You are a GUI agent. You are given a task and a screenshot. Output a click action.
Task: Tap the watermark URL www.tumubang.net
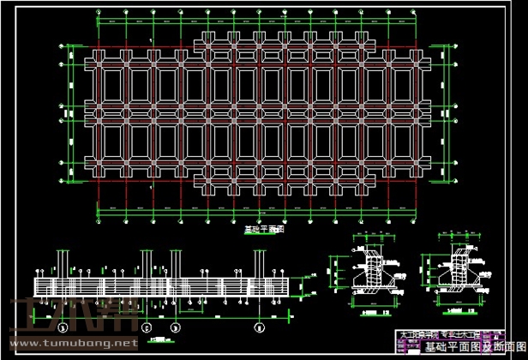[x=72, y=343]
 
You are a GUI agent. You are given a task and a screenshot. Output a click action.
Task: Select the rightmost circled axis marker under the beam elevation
[x=258, y=327]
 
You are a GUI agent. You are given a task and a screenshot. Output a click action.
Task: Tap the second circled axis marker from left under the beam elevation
[x=147, y=327]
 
